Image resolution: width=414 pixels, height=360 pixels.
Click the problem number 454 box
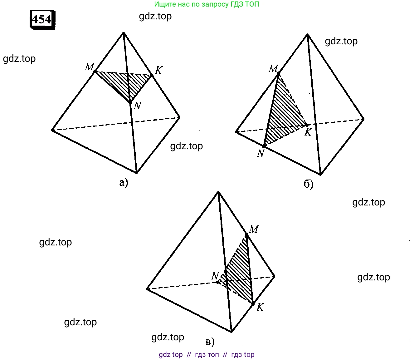pos(42,19)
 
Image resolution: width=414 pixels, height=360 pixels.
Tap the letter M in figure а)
pos(89,67)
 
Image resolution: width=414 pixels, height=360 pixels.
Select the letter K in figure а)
pos(158,70)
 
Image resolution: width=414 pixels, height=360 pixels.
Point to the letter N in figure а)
pos(137,106)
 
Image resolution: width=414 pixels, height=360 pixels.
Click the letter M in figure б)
pos(273,69)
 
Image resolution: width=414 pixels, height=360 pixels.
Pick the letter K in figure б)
pos(308,132)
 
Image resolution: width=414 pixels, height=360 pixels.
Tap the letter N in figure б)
pos(261,153)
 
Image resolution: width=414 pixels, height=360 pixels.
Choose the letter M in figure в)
pos(254,229)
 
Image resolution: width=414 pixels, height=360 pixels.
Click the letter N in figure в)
pos(215,276)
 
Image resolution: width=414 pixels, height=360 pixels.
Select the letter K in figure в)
pos(260,307)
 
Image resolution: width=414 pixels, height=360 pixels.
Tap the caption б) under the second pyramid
pos(308,184)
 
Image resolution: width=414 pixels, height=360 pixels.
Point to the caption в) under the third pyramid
pos(210,342)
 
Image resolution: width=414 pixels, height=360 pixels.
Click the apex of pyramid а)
pos(124,32)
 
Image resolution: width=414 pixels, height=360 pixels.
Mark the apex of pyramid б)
pos(307,35)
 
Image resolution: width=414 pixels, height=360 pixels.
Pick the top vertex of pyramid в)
pos(218,191)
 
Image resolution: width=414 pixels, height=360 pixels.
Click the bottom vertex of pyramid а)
pos(137,173)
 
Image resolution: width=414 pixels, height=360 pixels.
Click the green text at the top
pos(207,4)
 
